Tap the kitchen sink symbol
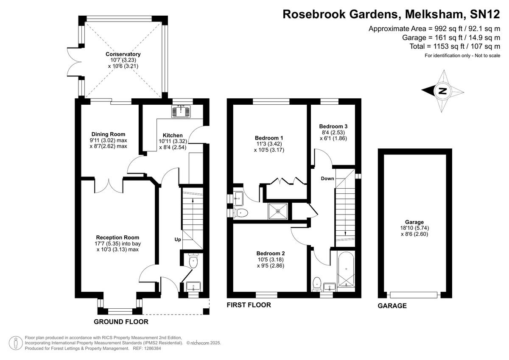point(182,112)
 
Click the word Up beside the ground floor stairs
point(178,240)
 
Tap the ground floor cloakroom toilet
point(193,260)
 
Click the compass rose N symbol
point(442,91)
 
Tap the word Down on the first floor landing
point(327,179)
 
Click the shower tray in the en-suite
point(279,210)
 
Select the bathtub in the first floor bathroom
point(347,269)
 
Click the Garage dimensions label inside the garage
point(414,228)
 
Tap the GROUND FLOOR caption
point(121,322)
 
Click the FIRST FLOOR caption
point(249,305)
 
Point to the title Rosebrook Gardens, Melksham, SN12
point(392,14)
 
